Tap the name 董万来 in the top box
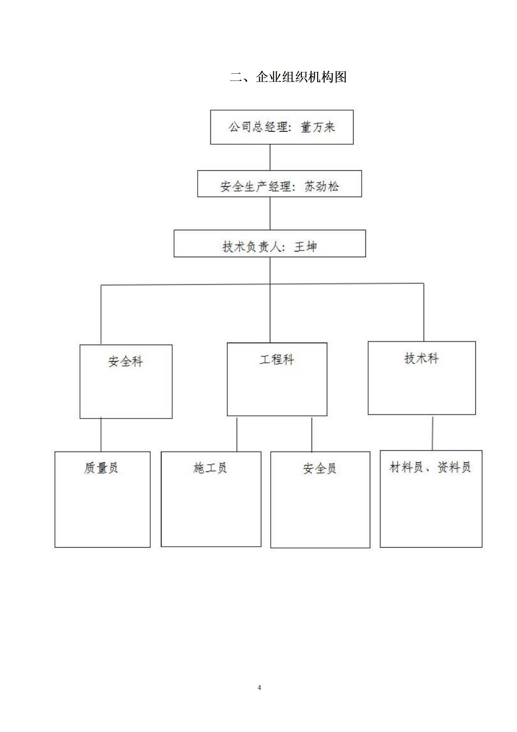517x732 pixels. (318, 127)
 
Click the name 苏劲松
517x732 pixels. (321, 187)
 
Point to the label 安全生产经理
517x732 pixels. (255, 187)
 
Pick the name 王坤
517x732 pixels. (305, 247)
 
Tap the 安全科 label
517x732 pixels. (126, 361)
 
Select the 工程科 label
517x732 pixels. (277, 359)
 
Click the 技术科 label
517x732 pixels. (421, 358)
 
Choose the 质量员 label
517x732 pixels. (101, 468)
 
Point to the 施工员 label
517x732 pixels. (210, 468)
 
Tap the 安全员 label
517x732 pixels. (319, 469)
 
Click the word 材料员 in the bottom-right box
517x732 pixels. (406, 467)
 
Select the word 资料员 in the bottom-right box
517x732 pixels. (454, 467)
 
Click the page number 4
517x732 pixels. (259, 687)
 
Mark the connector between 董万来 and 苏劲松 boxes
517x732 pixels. (270, 157)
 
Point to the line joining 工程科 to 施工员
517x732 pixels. (237, 434)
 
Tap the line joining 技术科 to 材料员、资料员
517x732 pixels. (433, 433)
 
